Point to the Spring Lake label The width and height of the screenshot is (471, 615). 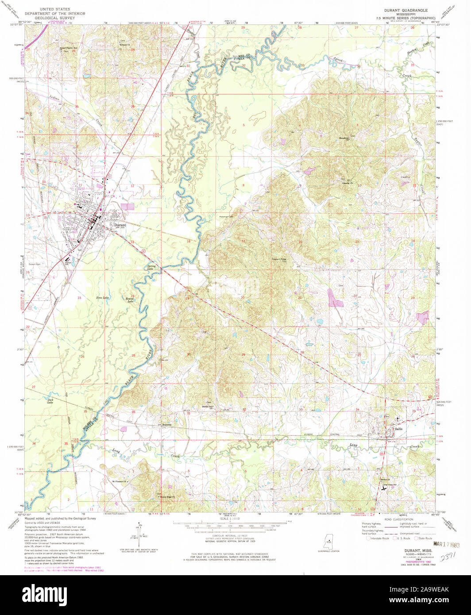click(151, 268)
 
